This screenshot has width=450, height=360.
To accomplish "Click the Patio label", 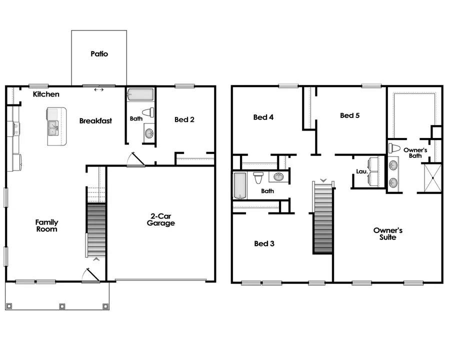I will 99,54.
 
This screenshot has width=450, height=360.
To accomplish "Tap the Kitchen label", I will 46,94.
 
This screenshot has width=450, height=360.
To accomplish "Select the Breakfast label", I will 95,120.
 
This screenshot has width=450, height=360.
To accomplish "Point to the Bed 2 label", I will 184,119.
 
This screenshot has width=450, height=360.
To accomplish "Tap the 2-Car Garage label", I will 160,220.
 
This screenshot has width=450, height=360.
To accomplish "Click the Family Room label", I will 46,225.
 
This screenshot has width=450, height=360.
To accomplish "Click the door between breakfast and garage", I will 135,159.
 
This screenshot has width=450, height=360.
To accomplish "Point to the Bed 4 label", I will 263,117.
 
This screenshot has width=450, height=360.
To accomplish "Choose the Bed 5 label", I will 349,115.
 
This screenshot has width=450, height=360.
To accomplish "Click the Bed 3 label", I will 264,243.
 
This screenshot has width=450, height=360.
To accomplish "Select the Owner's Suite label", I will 387,233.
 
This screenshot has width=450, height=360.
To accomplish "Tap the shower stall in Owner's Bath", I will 433,178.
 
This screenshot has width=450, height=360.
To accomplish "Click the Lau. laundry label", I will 361,171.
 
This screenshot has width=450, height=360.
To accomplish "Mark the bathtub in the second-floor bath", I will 240,185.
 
